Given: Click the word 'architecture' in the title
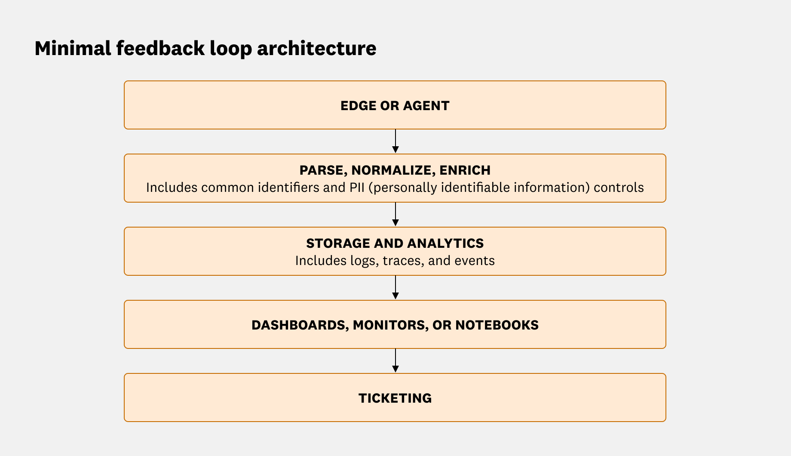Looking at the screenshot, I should (x=316, y=48).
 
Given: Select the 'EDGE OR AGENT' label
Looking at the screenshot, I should (x=395, y=106).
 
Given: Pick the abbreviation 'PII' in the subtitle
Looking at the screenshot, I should (x=356, y=188).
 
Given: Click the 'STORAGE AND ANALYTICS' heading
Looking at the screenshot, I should (x=395, y=243).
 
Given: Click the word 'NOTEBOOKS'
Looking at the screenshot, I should (x=497, y=325).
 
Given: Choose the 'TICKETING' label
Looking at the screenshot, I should (x=395, y=398).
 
